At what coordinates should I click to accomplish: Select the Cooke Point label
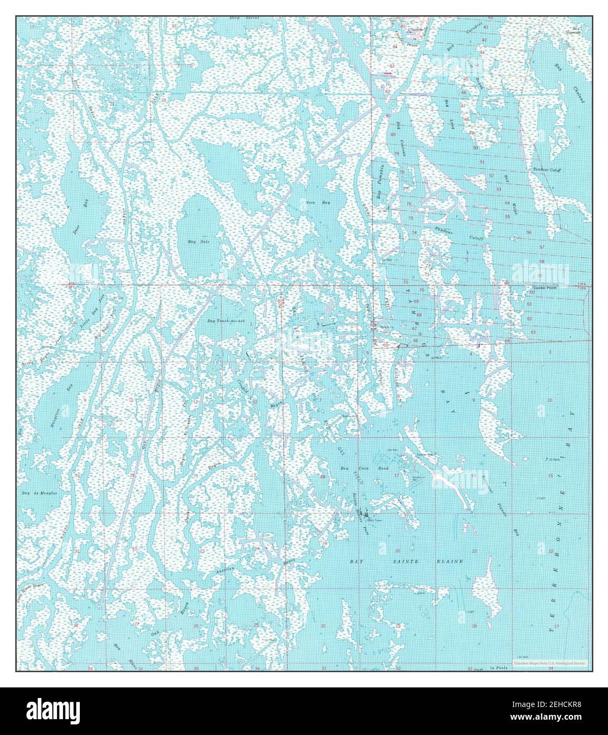(x=544, y=288)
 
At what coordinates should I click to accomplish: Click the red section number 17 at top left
(x=33, y=26)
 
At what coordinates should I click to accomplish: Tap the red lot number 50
(x=475, y=148)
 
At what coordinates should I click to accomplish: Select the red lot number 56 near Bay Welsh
(x=528, y=233)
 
